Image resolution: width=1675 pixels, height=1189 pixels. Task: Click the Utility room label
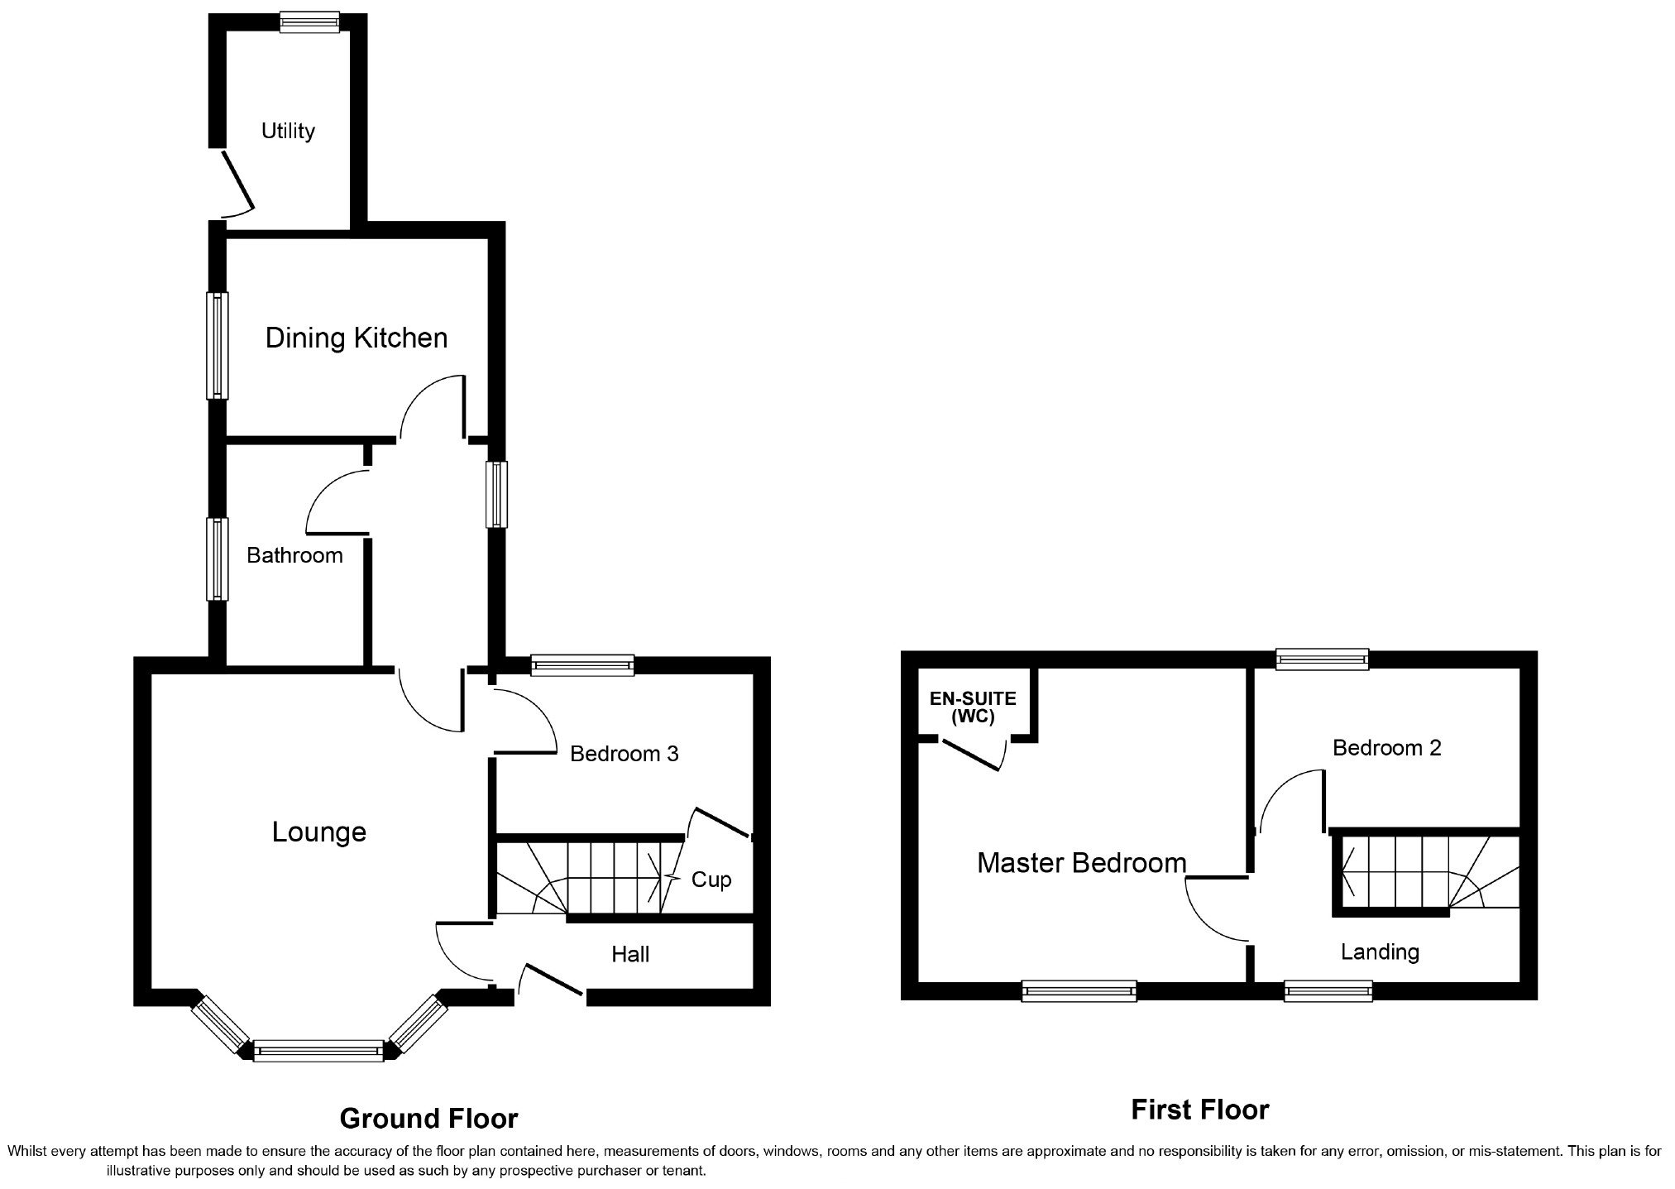288,131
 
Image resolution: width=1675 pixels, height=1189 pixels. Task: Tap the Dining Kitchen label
356,338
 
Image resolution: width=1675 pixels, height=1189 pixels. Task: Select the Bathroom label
294,555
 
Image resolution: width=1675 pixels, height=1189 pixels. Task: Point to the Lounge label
318,832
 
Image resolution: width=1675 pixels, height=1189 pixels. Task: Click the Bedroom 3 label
624,754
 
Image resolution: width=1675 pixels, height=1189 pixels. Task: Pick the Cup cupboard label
711,879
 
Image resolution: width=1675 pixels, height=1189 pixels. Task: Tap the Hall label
630,954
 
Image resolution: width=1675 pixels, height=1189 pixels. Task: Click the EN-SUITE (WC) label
973,707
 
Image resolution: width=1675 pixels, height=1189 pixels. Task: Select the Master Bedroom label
1081,863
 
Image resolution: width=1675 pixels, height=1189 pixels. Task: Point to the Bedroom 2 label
1386,748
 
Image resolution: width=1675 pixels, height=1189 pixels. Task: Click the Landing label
1380,952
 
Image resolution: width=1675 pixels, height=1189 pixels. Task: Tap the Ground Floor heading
428,1119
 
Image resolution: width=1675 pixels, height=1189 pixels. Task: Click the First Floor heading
1199,1110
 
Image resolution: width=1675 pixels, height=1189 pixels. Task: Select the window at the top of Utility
309,22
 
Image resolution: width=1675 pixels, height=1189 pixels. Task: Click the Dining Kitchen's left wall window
218,346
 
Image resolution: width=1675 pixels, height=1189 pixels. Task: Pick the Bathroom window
218,559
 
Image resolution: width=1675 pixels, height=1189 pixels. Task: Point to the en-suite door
974,755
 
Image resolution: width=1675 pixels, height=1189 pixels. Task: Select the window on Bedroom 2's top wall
1322,659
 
